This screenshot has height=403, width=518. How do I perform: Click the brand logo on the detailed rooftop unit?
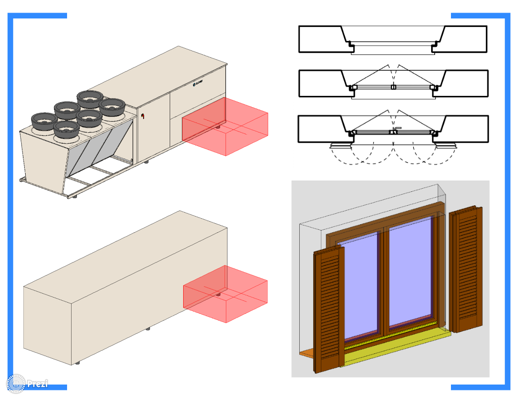198,83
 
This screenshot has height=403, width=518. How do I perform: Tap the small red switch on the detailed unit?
143,117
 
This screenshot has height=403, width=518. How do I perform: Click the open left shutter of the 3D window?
329,311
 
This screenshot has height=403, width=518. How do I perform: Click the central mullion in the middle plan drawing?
393,87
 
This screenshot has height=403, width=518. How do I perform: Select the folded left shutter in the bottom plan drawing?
341,145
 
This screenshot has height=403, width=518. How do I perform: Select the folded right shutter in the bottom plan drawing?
445,145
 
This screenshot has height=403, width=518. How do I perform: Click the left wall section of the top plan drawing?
320,39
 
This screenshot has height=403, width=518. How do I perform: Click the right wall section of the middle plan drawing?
468,83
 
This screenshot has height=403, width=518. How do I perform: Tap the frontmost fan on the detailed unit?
66,130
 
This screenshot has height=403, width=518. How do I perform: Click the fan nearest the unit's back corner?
90,97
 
